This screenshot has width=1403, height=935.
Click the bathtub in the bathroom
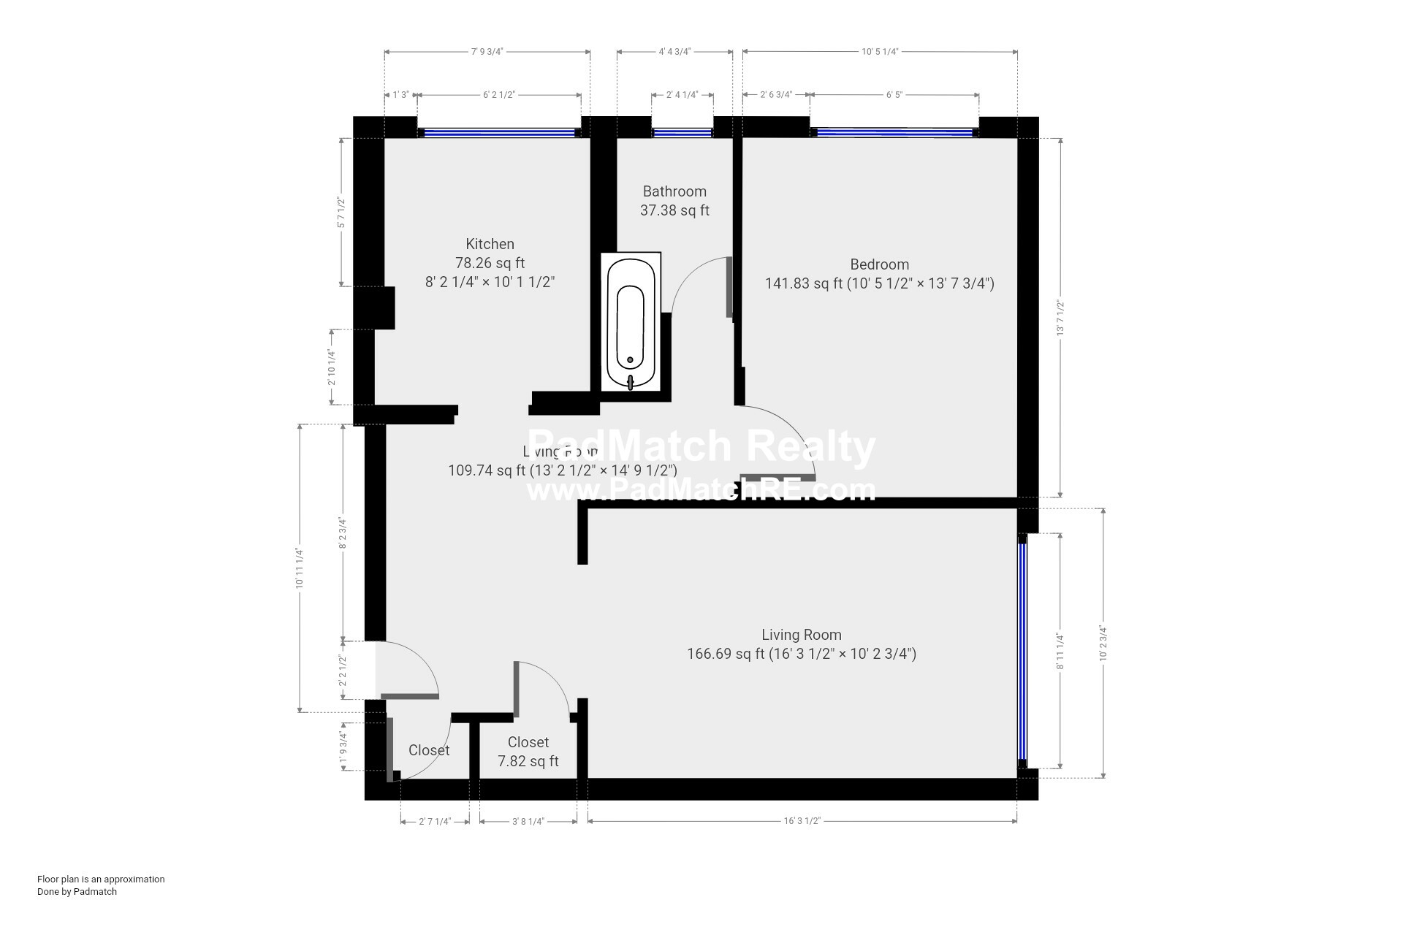pos(631,321)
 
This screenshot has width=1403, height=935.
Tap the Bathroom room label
pos(674,191)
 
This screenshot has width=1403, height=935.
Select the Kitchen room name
pos(490,244)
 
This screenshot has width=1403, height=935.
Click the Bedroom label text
pos(879,264)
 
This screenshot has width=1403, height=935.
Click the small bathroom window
pos(682,133)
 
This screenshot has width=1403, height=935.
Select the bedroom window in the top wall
pos(894,133)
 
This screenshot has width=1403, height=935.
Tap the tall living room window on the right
pos(1023,650)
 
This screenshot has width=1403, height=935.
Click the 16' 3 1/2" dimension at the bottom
pos(802,821)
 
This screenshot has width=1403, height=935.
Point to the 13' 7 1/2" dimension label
pos(1060,318)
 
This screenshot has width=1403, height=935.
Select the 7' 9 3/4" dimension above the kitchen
pos(487,52)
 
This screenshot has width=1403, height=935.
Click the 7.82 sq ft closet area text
pos(528,761)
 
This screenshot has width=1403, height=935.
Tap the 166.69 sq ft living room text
pos(801,654)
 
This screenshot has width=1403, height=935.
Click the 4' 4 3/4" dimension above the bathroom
pos(674,52)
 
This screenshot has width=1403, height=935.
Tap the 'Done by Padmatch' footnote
pos(77,891)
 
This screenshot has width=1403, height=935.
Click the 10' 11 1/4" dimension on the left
pos(299,568)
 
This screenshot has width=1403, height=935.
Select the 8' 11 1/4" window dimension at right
pos(1060,651)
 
